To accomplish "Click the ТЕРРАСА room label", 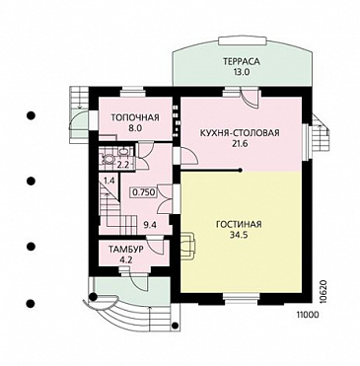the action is pyautogui.click(x=242, y=61).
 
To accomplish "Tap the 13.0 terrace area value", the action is pyautogui.click(x=242, y=72).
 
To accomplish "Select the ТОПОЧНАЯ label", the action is pyautogui.click(x=135, y=117).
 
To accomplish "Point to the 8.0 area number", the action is pyautogui.click(x=135, y=128).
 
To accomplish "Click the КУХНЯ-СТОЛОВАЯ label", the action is pyautogui.click(x=240, y=133).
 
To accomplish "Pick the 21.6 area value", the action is pyautogui.click(x=240, y=144).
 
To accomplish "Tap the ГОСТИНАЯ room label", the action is pyautogui.click(x=239, y=225).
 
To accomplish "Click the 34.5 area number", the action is pyautogui.click(x=239, y=235).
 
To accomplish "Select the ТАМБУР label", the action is pyautogui.click(x=126, y=250).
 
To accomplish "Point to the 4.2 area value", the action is pyautogui.click(x=126, y=259).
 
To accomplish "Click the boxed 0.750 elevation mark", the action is pyautogui.click(x=144, y=192).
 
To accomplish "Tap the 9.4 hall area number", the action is pyautogui.click(x=150, y=225).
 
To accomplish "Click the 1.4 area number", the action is pyautogui.click(x=108, y=181).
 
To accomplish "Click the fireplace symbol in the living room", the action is pyautogui.click(x=188, y=245).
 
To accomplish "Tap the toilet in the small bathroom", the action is pyautogui.click(x=108, y=159).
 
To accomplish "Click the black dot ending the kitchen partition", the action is pyautogui.click(x=241, y=171).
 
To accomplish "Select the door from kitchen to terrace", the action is pyautogui.click(x=249, y=98).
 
